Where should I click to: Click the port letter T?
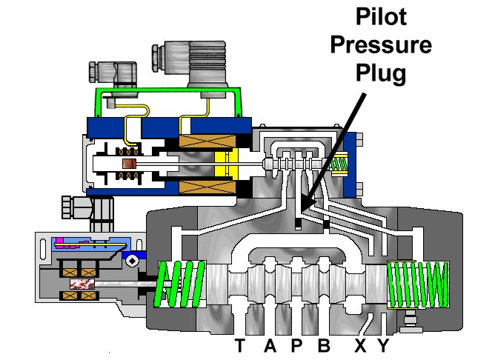240,345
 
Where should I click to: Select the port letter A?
270,345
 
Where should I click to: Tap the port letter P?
296,345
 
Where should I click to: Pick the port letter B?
325,345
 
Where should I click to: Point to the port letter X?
361,345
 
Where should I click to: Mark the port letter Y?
384,345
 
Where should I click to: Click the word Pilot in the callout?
382,16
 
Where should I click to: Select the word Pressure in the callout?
381,44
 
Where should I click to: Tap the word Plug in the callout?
381,73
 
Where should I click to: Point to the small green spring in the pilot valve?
339,164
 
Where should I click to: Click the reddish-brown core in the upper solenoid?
129,164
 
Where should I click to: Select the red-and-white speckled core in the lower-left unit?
82,284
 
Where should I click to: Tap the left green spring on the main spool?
179,284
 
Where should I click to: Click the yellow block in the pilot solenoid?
226,164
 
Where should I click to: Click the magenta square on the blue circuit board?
59,240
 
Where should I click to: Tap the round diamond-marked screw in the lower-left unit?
131,261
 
